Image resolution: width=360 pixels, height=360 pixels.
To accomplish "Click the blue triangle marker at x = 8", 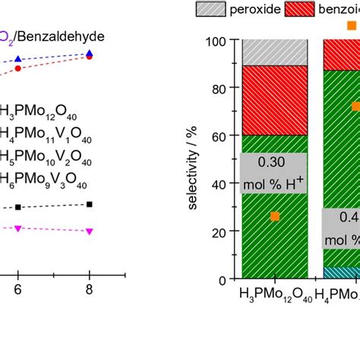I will (90, 53).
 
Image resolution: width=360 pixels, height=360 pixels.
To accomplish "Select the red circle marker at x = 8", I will (90, 57).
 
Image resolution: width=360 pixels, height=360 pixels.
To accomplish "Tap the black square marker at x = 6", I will (19, 207).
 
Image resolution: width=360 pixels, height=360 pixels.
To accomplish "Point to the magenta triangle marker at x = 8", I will (90, 231).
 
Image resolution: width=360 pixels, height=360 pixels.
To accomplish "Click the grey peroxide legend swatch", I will (214, 10).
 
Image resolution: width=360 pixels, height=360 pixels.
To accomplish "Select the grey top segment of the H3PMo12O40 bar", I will (274, 52).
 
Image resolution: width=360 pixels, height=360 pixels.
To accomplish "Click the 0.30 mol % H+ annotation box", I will (274, 172).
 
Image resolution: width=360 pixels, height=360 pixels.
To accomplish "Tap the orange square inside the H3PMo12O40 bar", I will (275, 216).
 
